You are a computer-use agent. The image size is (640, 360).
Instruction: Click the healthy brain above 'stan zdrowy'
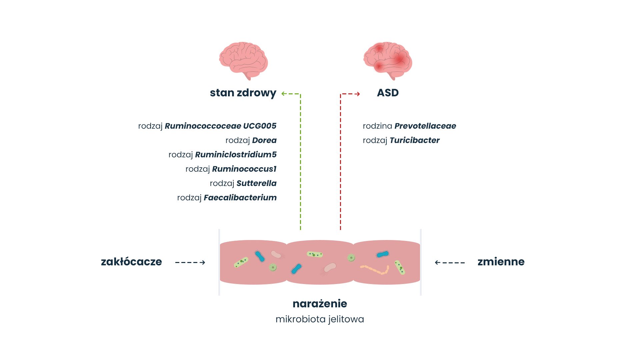point(243,60)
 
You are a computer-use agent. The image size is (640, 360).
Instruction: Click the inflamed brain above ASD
point(388,60)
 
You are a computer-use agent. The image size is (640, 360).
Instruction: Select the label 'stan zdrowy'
point(243,93)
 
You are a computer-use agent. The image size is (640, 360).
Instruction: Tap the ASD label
point(388,93)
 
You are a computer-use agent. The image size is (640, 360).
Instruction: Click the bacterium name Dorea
point(264,140)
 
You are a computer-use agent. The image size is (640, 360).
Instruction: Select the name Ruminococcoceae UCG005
point(220,126)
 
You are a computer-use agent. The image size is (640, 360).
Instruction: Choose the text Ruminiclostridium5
point(236,155)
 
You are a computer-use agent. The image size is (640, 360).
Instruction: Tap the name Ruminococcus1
point(244,169)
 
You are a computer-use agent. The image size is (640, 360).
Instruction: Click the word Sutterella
point(256,183)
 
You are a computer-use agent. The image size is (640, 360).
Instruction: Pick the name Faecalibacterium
point(240,198)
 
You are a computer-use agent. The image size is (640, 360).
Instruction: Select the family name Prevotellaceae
point(425,126)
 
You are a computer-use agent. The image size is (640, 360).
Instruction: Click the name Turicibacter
point(414,140)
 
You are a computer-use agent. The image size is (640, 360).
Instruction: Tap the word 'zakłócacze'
point(131,262)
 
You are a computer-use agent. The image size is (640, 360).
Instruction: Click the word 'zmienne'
point(501,262)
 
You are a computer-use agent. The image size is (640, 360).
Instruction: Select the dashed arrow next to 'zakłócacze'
point(190,262)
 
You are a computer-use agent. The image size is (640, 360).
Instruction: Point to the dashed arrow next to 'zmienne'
point(450,262)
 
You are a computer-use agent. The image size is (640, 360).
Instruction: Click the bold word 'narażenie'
point(320,304)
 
